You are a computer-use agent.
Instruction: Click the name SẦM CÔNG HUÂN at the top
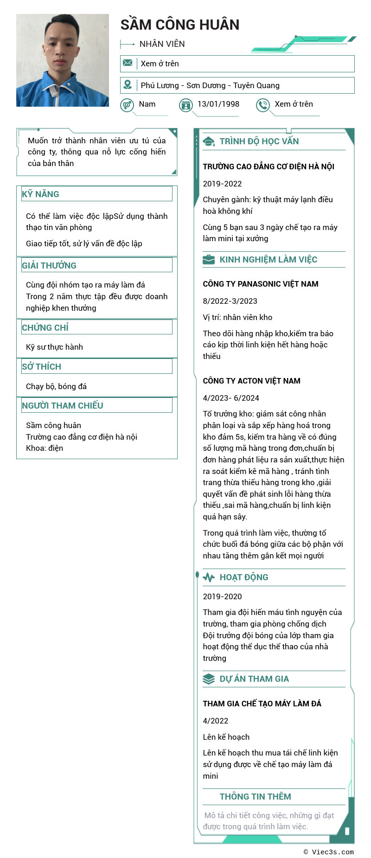[180, 25]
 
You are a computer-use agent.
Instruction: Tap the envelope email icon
[128, 63]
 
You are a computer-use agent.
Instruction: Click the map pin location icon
[128, 85]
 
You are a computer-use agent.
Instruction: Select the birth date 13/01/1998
[218, 104]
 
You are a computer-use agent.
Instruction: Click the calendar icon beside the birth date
[186, 105]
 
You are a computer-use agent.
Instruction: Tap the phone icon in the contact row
[263, 105]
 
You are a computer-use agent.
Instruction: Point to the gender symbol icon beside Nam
[127, 105]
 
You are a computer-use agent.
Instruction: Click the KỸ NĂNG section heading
[41, 194]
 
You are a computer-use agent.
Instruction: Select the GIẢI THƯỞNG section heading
[49, 265]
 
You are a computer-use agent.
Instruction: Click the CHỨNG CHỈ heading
[45, 327]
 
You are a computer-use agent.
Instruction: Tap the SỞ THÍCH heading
[42, 366]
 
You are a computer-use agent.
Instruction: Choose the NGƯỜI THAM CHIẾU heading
[63, 405]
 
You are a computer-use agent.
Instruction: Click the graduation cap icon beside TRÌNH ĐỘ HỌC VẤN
[209, 141]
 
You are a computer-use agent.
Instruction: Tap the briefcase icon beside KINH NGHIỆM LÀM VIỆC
[209, 260]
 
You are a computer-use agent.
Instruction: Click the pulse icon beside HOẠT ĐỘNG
[209, 577]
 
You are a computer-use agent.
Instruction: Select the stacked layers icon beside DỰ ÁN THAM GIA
[209, 679]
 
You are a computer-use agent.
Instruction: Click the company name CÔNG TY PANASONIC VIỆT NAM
[261, 284]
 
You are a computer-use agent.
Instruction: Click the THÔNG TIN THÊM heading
[256, 797]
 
